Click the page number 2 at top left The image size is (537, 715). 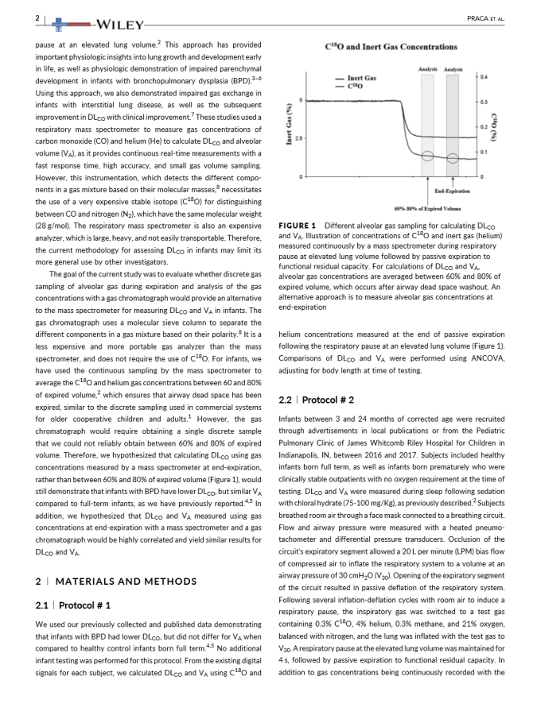point(37,17)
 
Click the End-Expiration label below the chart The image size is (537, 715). point(451,191)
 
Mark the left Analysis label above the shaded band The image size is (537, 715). point(427,69)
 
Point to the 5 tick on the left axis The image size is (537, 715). point(300,99)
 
